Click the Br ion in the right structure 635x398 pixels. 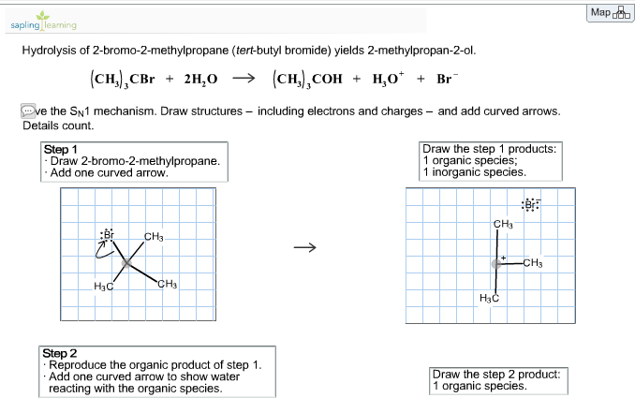coord(531,205)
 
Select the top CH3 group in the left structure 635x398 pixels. coord(155,235)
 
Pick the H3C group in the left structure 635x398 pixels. coord(104,286)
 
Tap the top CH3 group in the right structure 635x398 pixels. coord(503,224)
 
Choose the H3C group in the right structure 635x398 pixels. coord(489,298)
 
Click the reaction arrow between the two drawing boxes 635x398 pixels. coord(301,248)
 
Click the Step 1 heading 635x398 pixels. coord(61,149)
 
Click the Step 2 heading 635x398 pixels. coord(61,353)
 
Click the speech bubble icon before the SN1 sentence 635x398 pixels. coord(29,111)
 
